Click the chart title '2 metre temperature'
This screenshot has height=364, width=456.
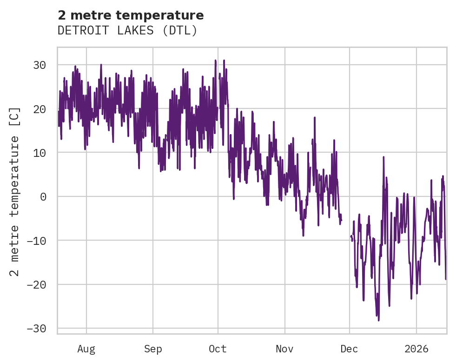point(131,15)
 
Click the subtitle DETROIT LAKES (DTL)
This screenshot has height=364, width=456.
point(127,31)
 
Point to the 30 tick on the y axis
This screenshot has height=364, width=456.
point(40,65)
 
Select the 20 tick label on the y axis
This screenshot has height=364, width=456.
point(40,109)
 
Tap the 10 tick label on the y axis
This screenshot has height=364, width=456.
point(40,153)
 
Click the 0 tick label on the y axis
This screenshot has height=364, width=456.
point(43,196)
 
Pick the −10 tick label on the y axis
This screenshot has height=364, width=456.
point(36,241)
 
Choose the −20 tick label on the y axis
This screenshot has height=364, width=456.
point(36,284)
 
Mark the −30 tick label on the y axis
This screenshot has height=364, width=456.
point(36,329)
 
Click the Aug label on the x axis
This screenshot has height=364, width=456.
point(86,349)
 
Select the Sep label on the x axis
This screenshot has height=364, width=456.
point(152,349)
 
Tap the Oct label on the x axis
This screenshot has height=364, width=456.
point(218,349)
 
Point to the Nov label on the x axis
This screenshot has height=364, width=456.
point(284,349)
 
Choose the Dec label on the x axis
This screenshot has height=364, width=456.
point(350,349)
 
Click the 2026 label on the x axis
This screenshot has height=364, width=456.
point(416,349)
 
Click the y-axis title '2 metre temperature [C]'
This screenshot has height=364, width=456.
point(15,191)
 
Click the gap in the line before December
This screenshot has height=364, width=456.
point(346,228)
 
